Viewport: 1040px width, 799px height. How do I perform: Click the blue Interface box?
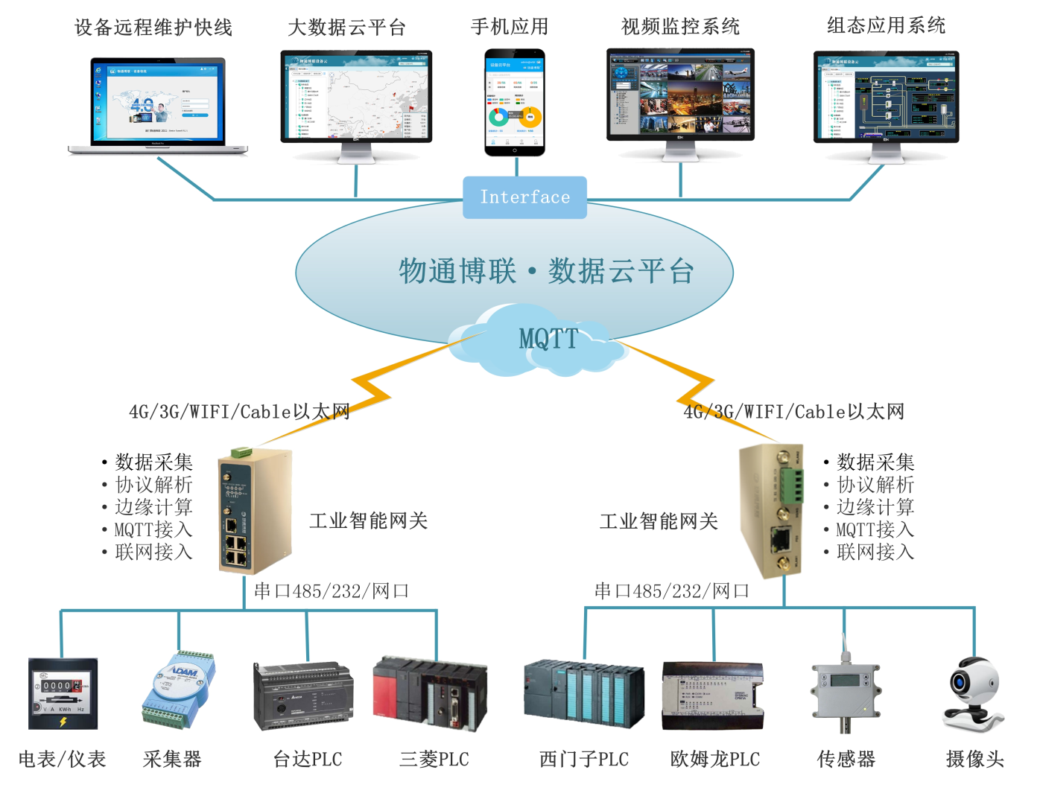pyautogui.click(x=524, y=197)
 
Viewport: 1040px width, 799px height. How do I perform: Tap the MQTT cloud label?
pyautogui.click(x=548, y=339)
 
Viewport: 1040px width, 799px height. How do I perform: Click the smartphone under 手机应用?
pyautogui.click(x=515, y=103)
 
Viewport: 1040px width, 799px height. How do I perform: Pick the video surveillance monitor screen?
pyautogui.click(x=680, y=95)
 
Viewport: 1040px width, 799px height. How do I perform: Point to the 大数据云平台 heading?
pyautogui.click(x=346, y=28)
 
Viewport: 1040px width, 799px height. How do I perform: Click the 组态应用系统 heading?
pyautogui.click(x=886, y=26)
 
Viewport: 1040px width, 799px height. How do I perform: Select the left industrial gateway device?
pyautogui.click(x=253, y=512)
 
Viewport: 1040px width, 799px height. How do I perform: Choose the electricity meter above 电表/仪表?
pyautogui.click(x=63, y=693)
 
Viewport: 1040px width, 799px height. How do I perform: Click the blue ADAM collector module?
pyautogui.click(x=179, y=690)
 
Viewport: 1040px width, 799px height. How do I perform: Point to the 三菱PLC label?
pyautogui.click(x=434, y=760)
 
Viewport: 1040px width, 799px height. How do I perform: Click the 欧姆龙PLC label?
pyautogui.click(x=715, y=760)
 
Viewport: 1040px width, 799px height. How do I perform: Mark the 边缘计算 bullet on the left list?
pyautogui.click(x=153, y=507)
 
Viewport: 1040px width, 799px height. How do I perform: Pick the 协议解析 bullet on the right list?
pyautogui.click(x=875, y=485)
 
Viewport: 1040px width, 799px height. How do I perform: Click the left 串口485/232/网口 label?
pyautogui.click(x=332, y=591)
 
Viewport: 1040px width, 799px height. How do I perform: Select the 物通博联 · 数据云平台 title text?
pyautogui.click(x=546, y=272)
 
